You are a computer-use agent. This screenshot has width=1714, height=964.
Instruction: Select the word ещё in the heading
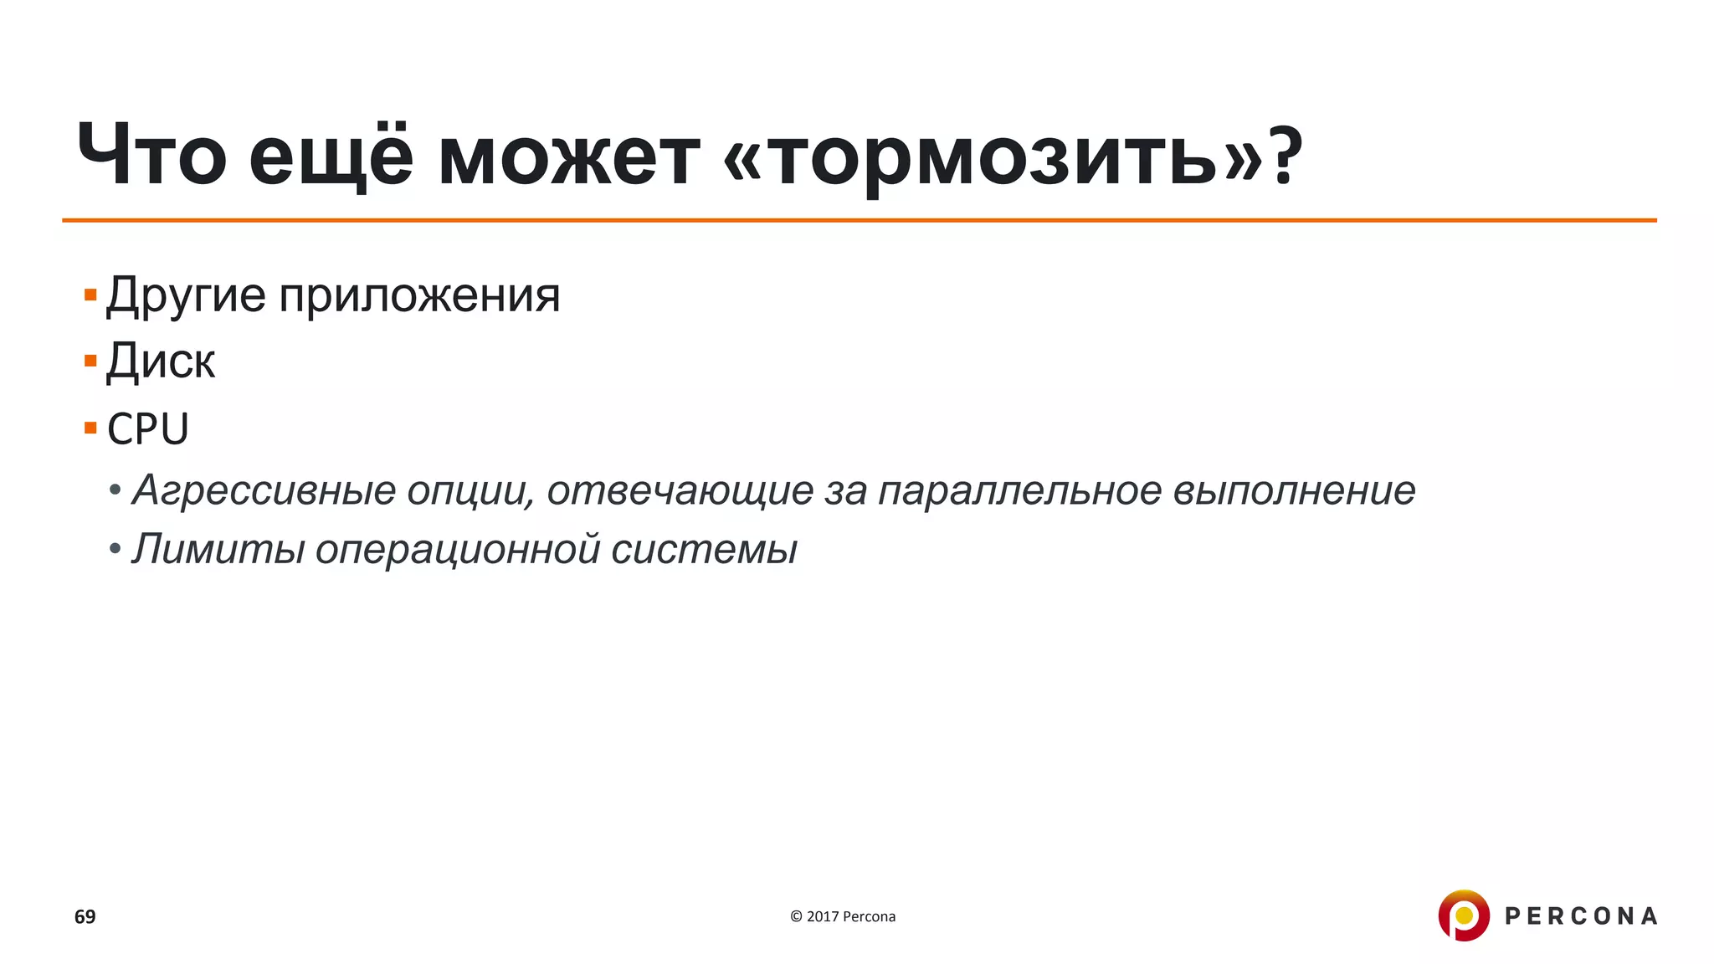(331, 156)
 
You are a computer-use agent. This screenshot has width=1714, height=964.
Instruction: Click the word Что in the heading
(151, 156)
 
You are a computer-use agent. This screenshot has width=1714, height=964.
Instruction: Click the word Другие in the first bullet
(186, 296)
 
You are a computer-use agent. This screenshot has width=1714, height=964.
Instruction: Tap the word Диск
(161, 362)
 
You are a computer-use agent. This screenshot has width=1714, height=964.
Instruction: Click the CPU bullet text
(148, 429)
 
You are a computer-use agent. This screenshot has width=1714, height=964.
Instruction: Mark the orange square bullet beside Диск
(90, 361)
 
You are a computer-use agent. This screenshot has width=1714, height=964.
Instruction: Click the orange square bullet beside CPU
(90, 428)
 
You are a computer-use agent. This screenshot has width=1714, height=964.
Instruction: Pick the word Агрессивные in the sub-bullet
(264, 491)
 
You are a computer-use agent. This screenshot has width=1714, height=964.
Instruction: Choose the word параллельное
(1019, 491)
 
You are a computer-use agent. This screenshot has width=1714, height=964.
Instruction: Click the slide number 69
(85, 917)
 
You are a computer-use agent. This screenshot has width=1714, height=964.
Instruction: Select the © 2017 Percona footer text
(843, 917)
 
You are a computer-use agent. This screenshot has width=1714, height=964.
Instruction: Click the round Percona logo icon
(1463, 915)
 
